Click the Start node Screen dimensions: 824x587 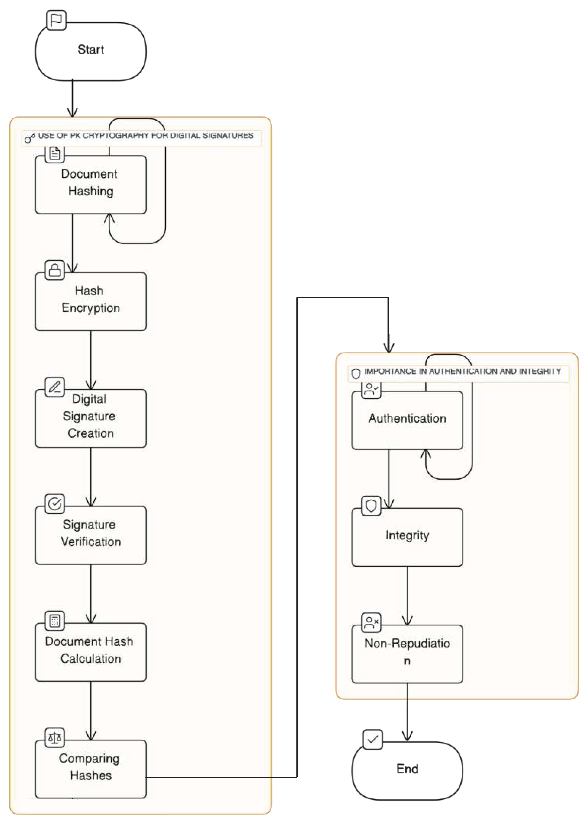[x=91, y=51]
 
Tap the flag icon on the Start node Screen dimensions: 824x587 [x=56, y=20]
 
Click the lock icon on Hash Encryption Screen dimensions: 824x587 [x=55, y=270]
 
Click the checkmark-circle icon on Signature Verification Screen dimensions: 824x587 [x=55, y=503]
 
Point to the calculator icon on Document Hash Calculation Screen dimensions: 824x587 [x=55, y=621]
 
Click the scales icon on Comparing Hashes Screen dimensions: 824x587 [x=55, y=738]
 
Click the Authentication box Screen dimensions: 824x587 [x=407, y=420]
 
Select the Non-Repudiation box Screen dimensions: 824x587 [x=407, y=654]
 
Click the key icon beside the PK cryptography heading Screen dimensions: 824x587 [x=30, y=138]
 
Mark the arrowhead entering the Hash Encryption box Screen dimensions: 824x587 [x=72, y=269]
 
